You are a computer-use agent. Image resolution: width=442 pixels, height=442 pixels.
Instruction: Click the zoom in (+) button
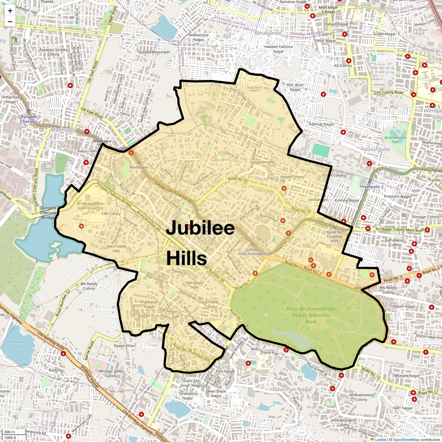tap(10, 11)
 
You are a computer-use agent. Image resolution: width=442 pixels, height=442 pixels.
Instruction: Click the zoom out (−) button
tap(10, 22)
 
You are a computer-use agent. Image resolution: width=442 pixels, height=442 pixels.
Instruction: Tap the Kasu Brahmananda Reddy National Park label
tap(311, 315)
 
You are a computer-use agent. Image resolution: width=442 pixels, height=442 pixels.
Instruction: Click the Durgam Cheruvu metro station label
tap(28, 119)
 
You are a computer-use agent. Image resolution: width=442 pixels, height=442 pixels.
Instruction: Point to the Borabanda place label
tap(267, 33)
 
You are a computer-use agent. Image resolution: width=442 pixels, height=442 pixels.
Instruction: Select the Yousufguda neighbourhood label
tap(375, 149)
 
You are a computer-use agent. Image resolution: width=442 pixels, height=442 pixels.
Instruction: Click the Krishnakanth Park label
tap(395, 140)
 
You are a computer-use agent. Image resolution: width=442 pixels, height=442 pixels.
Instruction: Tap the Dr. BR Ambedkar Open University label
tap(91, 206)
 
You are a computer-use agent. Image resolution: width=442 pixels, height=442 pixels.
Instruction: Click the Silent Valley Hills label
tap(116, 249)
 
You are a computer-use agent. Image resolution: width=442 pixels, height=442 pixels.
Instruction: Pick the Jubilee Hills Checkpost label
tap(253, 252)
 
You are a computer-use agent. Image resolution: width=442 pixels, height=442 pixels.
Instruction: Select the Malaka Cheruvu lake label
tap(18, 344)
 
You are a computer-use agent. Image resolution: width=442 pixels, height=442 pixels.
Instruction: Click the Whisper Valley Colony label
tap(111, 373)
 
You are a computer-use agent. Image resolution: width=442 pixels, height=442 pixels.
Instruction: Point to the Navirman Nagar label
tap(292, 389)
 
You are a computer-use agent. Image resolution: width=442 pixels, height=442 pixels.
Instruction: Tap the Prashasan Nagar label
tap(150, 304)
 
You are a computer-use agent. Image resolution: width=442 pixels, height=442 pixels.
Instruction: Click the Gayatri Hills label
tap(264, 162)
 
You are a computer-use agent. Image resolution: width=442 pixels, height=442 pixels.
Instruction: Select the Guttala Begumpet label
tap(154, 52)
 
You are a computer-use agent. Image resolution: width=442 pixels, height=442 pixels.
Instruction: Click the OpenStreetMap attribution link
tap(406, 439)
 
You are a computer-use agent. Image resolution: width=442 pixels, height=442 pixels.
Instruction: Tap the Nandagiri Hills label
tap(195, 285)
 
